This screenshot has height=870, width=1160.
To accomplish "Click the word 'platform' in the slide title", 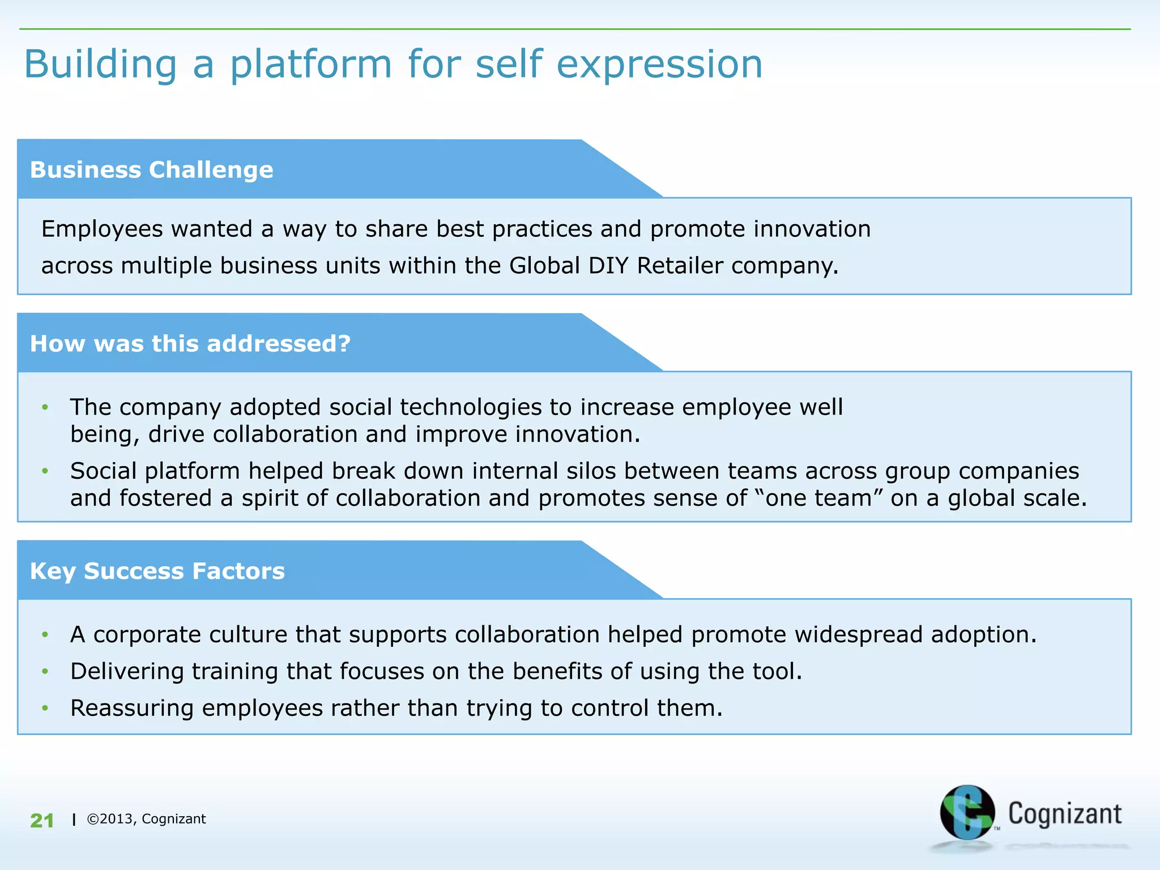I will point(310,65).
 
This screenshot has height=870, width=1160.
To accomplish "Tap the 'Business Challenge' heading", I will point(151,170).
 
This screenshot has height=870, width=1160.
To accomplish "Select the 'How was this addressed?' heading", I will point(190,344).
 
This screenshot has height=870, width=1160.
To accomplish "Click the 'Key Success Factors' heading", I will point(157,571).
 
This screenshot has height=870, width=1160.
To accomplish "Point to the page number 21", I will point(42,820).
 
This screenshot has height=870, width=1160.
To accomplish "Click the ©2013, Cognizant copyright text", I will point(146,819).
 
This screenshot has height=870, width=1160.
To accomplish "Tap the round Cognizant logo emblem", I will point(967,812).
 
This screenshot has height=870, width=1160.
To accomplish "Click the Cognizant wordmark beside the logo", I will point(1065,814).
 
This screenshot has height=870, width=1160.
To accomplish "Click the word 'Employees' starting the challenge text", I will point(102,229).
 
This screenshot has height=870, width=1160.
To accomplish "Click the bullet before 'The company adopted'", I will point(45,407).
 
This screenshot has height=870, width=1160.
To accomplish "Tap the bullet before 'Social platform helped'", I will point(45,471).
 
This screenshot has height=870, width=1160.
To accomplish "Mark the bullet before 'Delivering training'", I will point(45,672).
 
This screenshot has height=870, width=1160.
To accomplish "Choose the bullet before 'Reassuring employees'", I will point(45,709).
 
